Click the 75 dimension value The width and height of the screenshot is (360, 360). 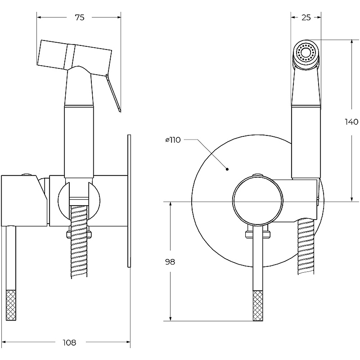[79, 18]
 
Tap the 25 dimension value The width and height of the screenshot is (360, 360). [306, 18]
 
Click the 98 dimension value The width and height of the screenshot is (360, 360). [170, 262]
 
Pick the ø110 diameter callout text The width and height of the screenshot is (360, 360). [173, 140]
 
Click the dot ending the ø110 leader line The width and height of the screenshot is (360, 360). [227, 169]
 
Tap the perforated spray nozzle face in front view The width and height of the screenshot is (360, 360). [306, 53]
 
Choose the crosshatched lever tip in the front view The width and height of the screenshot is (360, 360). [258, 306]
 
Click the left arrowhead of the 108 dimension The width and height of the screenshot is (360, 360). [4, 342]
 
